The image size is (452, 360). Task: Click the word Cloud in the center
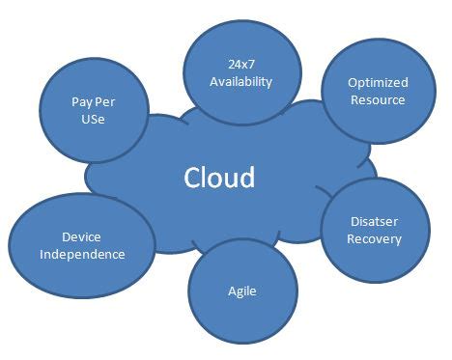click(220, 178)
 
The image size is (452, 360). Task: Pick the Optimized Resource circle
click(377, 92)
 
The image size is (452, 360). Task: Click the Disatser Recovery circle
click(374, 229)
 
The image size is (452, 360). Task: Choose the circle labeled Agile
click(240, 291)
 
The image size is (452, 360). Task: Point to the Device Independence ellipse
click(81, 245)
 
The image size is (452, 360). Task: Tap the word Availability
click(240, 82)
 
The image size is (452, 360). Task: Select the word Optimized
click(378, 83)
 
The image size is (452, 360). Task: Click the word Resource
click(378, 99)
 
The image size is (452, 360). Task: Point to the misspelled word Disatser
click(374, 221)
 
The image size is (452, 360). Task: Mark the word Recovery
click(374, 238)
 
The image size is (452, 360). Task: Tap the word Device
click(81, 237)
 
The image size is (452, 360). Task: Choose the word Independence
click(81, 255)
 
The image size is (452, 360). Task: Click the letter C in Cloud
click(192, 179)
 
